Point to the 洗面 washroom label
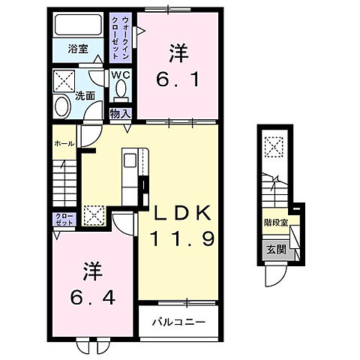click(x=84, y=95)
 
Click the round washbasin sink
click(x=62, y=107)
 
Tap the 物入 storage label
click(x=121, y=113)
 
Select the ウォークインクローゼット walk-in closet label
click(x=121, y=31)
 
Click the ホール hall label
click(x=63, y=143)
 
